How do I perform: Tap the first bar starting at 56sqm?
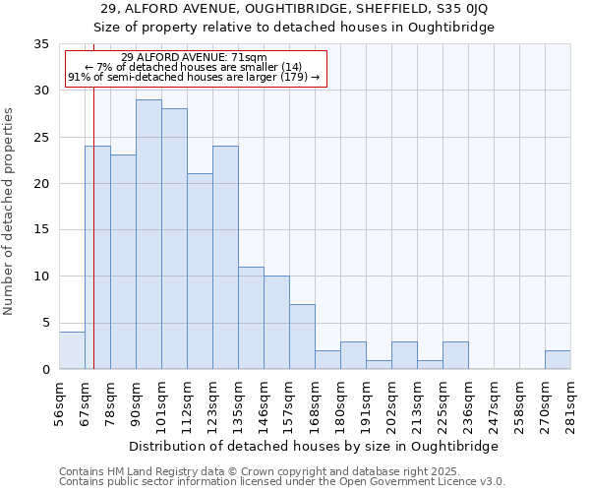click(72, 350)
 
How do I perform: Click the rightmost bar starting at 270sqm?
click(558, 359)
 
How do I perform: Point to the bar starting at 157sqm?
click(302, 337)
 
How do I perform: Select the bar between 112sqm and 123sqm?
click(200, 272)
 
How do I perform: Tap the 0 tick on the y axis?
click(45, 370)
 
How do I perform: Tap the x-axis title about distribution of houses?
click(314, 446)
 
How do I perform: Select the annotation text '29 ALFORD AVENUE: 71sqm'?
click(194, 57)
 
